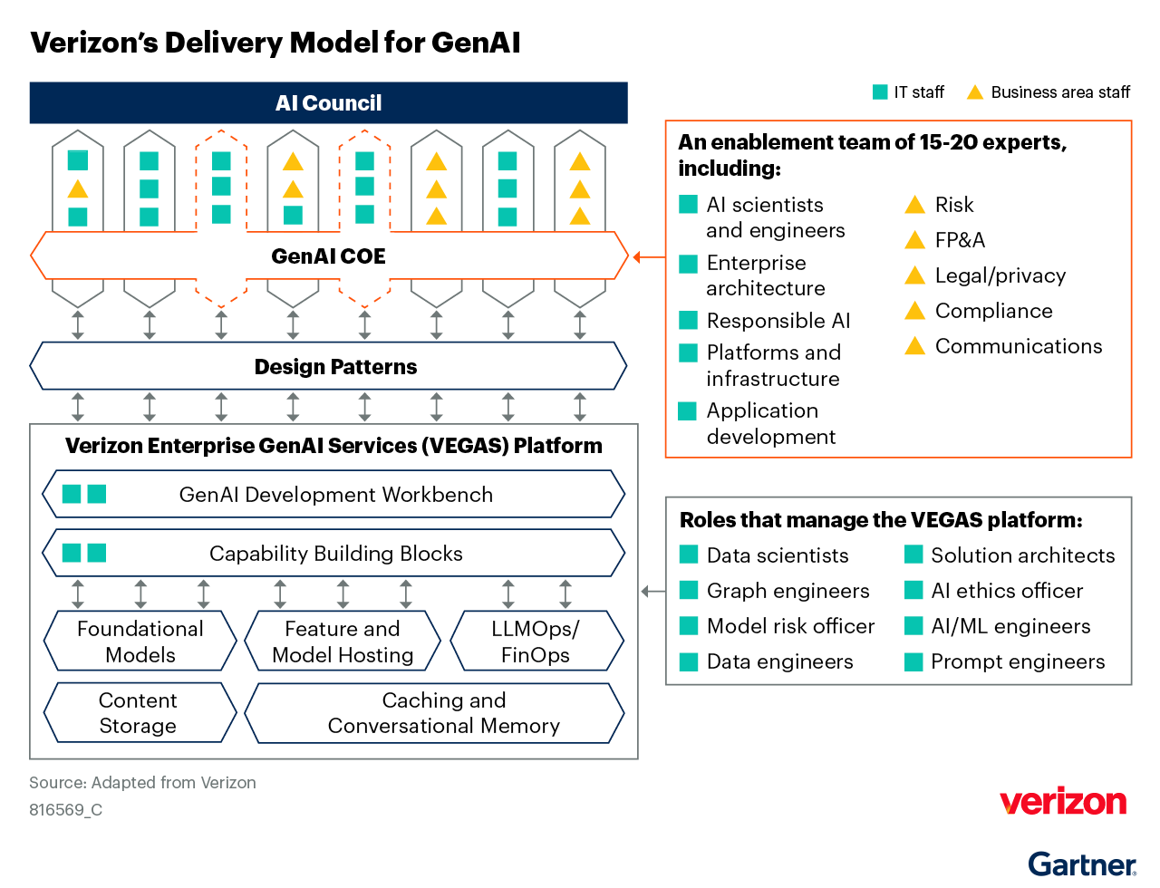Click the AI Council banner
click(x=328, y=103)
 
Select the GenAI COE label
click(x=328, y=256)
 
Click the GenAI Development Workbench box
click(x=334, y=495)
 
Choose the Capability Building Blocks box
click(x=334, y=554)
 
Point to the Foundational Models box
click(x=140, y=642)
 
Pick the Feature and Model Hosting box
click(x=343, y=642)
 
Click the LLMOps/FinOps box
click(x=536, y=642)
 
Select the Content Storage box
click(x=139, y=713)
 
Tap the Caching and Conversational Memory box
click(x=443, y=713)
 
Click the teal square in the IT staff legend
click(x=880, y=92)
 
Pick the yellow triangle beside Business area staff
click(x=975, y=92)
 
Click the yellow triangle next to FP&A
click(x=915, y=240)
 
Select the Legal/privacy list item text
click(x=1000, y=275)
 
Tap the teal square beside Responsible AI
click(x=689, y=321)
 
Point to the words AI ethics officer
click(x=1007, y=591)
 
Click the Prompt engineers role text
click(x=1018, y=661)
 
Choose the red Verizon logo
click(x=1063, y=802)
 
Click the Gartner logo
click(x=1082, y=864)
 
